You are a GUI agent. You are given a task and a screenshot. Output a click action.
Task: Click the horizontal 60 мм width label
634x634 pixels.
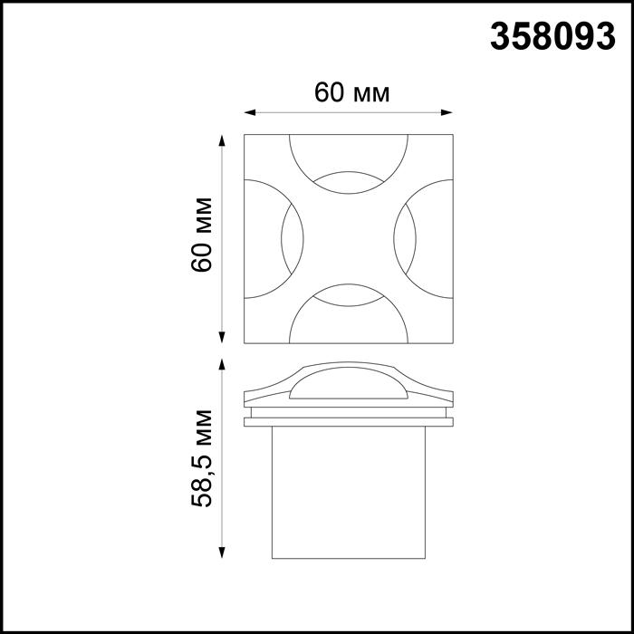click(x=351, y=92)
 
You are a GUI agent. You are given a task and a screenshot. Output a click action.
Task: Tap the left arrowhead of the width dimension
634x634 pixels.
click(x=251, y=113)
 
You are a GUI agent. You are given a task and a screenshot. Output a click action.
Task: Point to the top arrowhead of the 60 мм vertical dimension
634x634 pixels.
click(x=223, y=139)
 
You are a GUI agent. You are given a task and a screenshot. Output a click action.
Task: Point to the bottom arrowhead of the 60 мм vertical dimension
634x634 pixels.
click(x=223, y=338)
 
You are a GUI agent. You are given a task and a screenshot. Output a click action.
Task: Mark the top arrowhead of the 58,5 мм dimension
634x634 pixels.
click(x=223, y=364)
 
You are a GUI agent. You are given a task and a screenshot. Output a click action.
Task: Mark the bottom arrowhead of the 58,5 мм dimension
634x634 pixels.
click(x=223, y=553)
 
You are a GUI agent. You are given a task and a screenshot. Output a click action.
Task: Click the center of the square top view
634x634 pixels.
click(x=348, y=238)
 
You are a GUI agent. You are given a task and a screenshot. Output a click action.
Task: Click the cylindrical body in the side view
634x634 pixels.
click(x=348, y=494)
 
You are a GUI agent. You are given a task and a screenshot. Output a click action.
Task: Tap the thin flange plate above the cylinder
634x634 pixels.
click(x=348, y=420)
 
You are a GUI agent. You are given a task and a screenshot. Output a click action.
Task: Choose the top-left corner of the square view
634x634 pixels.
click(x=245, y=135)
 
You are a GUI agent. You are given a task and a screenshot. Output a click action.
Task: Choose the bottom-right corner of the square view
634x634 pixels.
click(x=452, y=342)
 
